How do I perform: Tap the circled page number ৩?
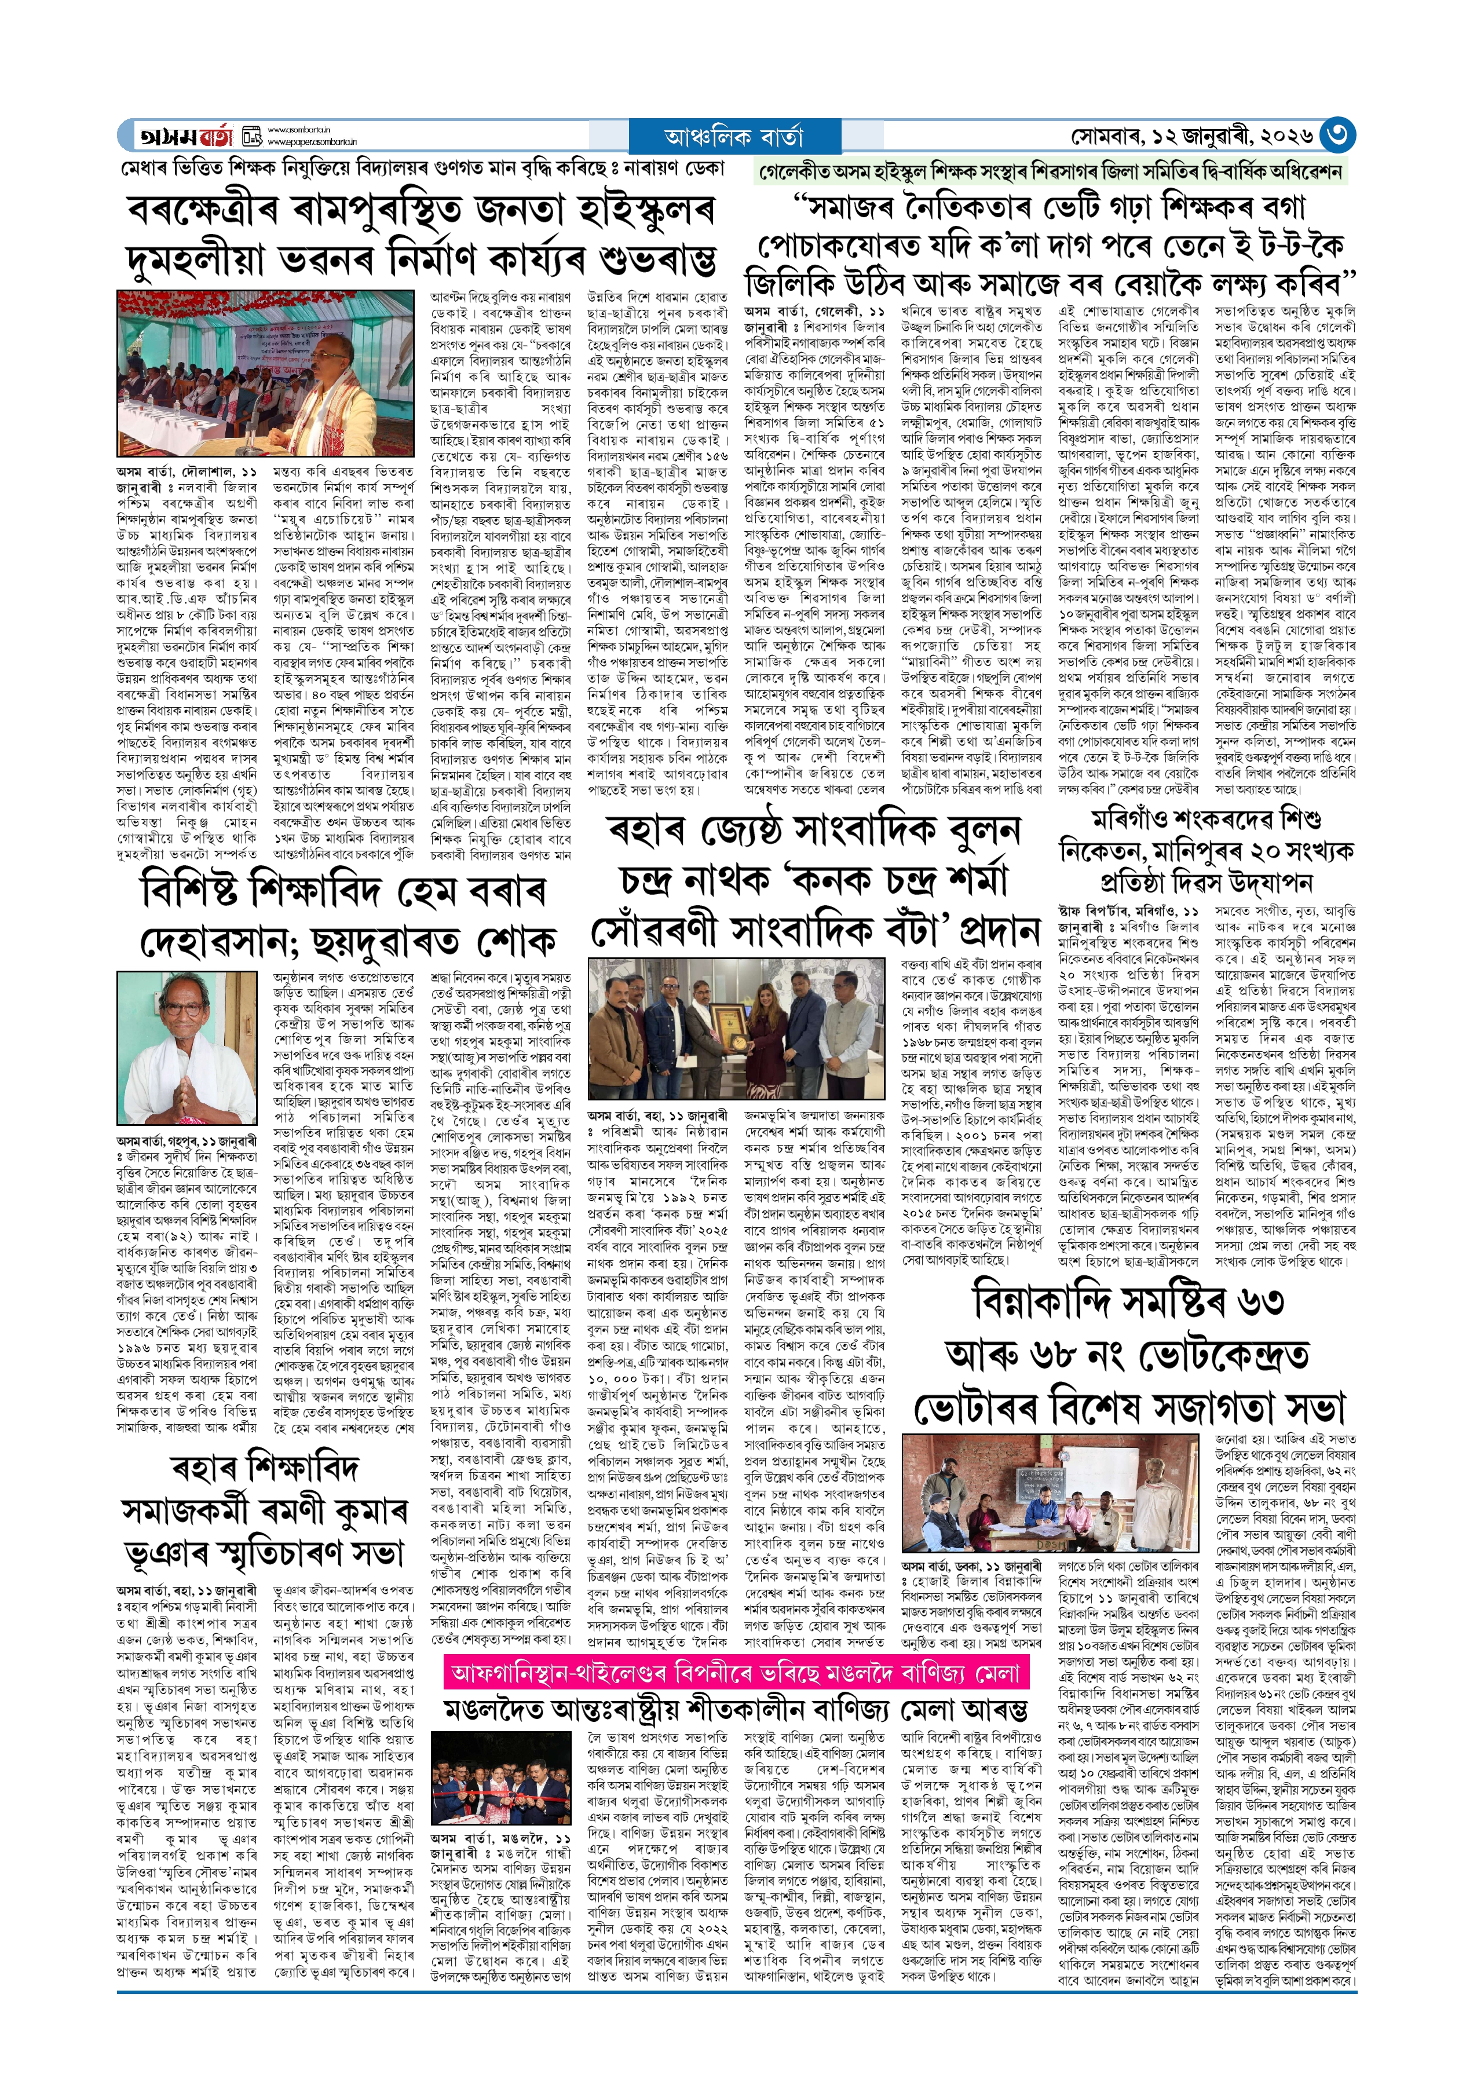[1337, 136]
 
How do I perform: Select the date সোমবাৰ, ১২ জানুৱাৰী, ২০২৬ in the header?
[1191, 136]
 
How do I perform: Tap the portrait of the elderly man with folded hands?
[187, 1048]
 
